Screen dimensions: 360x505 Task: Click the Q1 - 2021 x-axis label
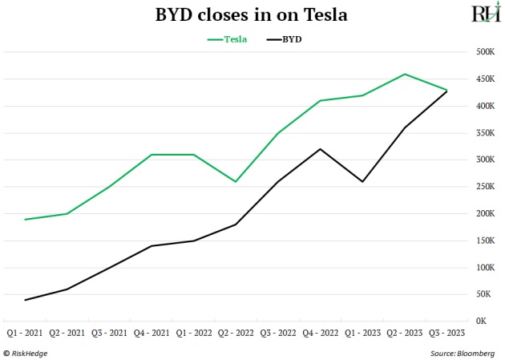[x=25, y=332]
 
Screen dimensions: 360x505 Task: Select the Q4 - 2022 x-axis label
[x=320, y=332]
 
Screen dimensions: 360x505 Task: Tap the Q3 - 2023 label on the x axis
[x=446, y=332]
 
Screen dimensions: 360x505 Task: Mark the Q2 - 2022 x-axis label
[x=236, y=332]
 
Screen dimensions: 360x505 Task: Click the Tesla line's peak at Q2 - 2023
[x=405, y=74]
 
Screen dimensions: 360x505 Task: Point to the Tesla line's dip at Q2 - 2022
[x=236, y=181]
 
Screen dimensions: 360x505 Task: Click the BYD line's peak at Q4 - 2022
[x=320, y=149]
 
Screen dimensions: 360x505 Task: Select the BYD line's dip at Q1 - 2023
[x=362, y=181]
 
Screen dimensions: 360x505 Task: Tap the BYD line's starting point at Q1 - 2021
[x=25, y=300]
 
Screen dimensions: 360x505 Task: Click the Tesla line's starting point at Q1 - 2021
[x=25, y=219]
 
